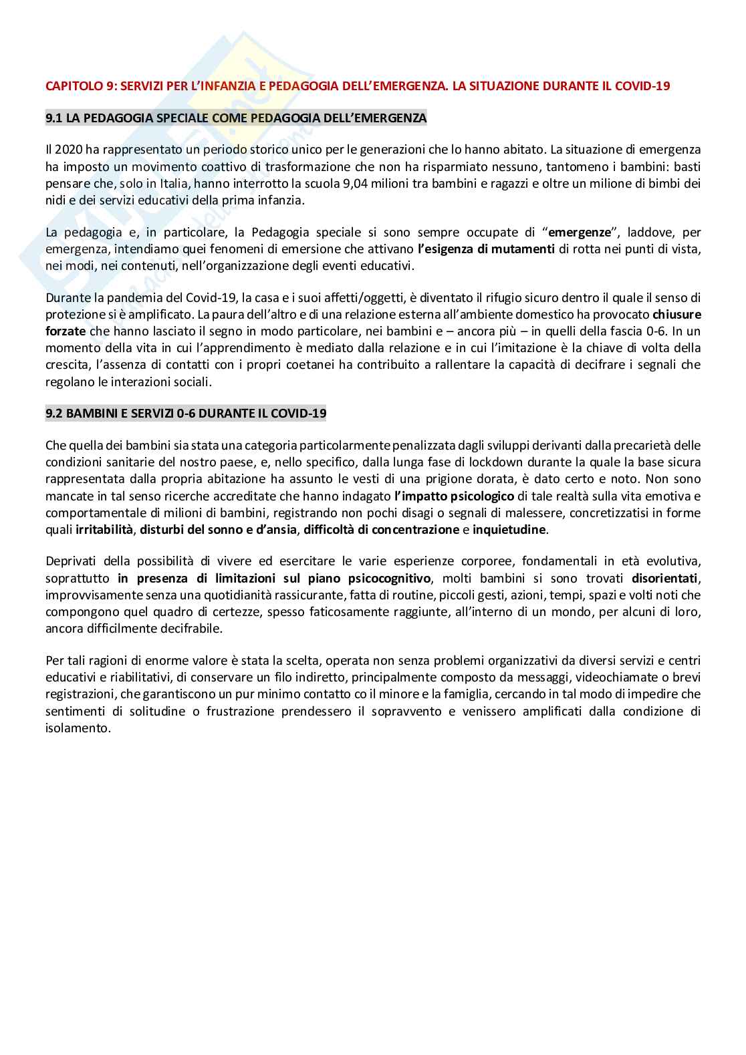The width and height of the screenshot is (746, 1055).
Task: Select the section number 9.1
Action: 54,118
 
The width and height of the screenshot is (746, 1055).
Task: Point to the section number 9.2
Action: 54,414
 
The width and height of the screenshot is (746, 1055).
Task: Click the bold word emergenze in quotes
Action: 580,233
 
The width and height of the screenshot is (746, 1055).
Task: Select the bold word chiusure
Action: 676,314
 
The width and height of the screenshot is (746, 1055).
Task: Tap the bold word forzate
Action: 64,331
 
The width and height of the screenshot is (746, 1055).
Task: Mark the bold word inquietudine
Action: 509,530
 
